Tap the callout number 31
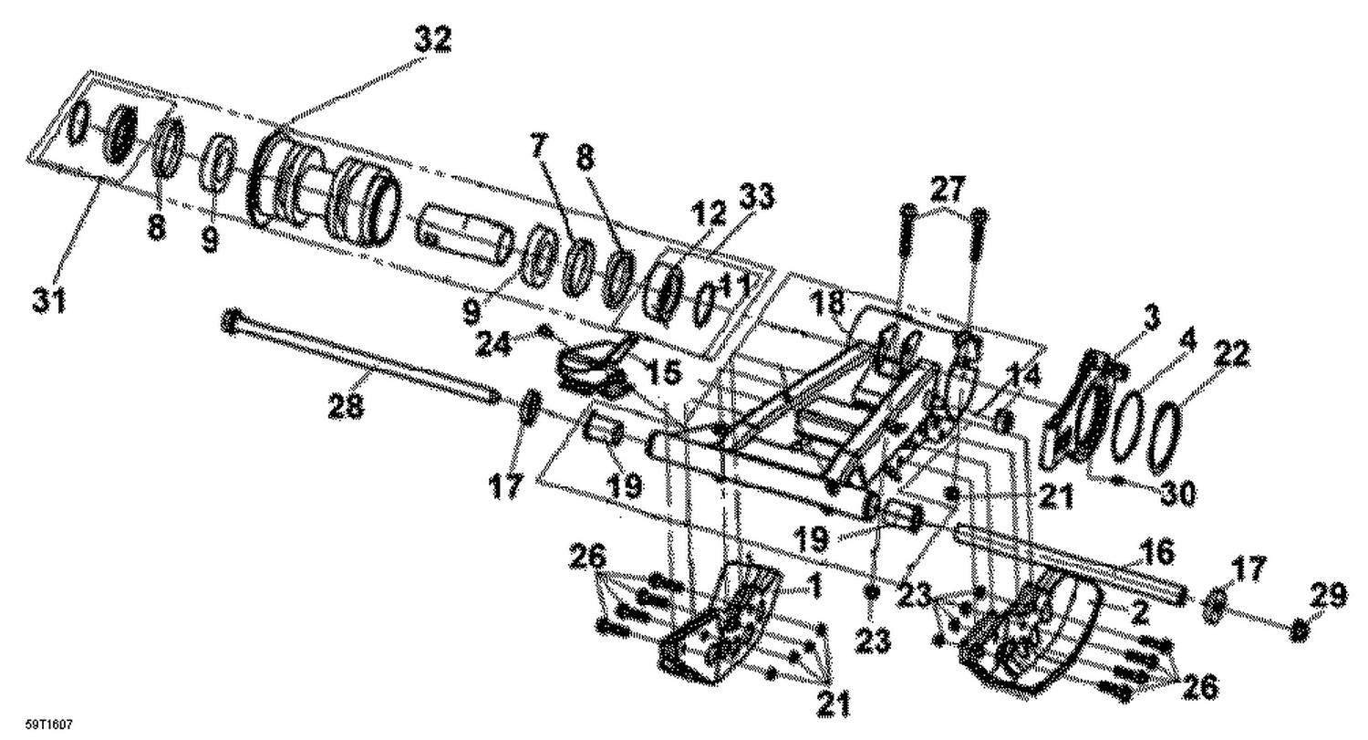click(x=50, y=299)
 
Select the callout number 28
click(x=347, y=406)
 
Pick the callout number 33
click(x=757, y=195)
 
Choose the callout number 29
click(x=1328, y=598)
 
